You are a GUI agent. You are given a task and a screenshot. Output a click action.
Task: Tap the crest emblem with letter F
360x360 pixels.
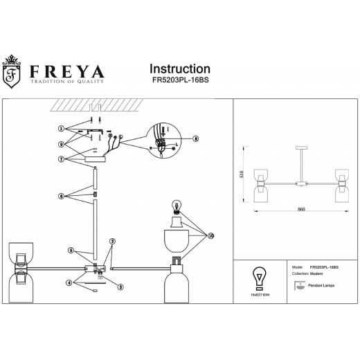[11, 74]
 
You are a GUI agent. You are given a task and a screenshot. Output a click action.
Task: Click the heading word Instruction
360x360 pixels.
[180, 69]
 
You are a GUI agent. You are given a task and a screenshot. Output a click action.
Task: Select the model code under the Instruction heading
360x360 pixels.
[180, 80]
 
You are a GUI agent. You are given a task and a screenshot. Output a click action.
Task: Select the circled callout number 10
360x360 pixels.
[211, 235]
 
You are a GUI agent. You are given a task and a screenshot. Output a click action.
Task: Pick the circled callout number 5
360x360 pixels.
[70, 250]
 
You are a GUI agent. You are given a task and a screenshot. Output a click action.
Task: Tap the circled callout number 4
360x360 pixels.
[69, 282]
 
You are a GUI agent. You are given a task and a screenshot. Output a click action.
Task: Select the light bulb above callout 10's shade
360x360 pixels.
[176, 206]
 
